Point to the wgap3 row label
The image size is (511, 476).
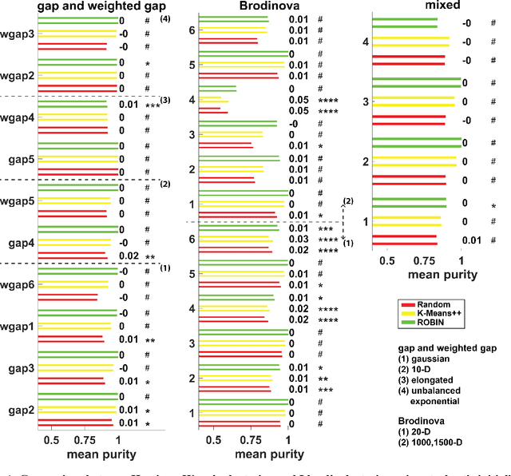tap(17, 34)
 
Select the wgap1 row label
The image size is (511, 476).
tap(17, 327)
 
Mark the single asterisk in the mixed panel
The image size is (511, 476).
tap(494, 206)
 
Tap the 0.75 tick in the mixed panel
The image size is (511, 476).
tap(424, 260)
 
